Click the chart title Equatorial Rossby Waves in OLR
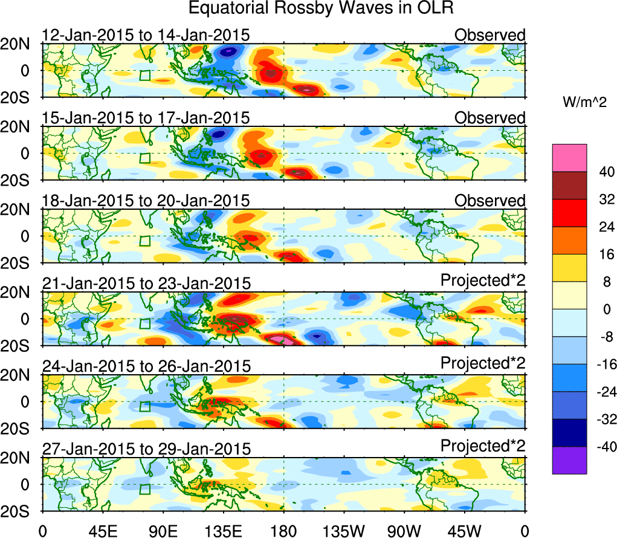[x=320, y=8]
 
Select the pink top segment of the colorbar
[x=569, y=158]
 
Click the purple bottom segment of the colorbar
[x=569, y=460]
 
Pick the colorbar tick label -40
[x=598, y=447]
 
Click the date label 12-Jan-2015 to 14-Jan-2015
[x=146, y=35]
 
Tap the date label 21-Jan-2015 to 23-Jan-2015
[x=146, y=283]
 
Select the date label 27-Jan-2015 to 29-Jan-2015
[x=146, y=449]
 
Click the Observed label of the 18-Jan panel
[x=490, y=200]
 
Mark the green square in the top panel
[x=144, y=75]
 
